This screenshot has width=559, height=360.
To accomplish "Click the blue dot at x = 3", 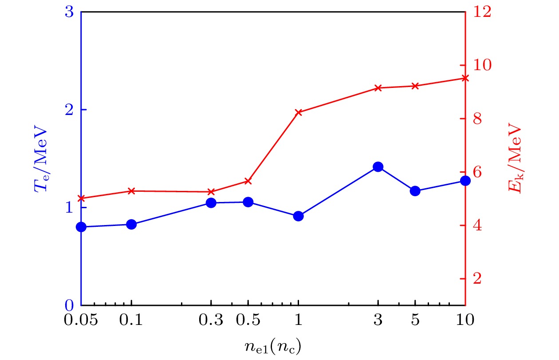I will click(x=378, y=167).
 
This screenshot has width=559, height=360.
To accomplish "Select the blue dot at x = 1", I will click(x=298, y=216).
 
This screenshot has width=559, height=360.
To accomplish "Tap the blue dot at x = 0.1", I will click(x=131, y=224).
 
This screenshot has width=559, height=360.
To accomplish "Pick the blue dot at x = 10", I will click(x=465, y=181).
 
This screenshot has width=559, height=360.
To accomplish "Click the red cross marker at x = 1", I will click(x=298, y=112).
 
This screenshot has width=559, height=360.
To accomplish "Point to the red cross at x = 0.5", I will click(x=248, y=181).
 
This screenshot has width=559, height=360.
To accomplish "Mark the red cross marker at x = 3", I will click(x=378, y=88).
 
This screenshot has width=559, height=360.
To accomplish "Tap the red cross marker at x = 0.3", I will click(x=211, y=192).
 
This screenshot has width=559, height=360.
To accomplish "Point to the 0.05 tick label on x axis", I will click(x=81, y=320).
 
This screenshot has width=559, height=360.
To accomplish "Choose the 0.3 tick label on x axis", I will click(x=211, y=320).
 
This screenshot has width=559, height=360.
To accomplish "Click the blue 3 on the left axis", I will click(x=69, y=12).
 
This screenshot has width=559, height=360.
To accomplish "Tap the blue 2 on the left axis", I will click(x=69, y=110).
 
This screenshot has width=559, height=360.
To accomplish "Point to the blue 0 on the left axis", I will click(x=69, y=305).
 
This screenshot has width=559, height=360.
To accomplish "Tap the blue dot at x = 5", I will click(x=415, y=191).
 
